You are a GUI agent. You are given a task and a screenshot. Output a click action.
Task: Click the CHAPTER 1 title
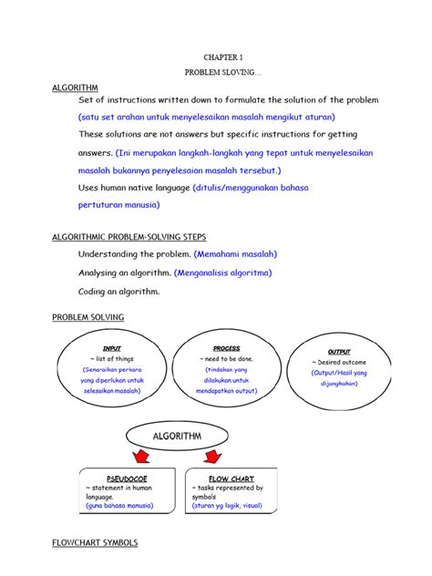click(215, 56)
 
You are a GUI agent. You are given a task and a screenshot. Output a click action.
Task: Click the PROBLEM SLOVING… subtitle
click(216, 71)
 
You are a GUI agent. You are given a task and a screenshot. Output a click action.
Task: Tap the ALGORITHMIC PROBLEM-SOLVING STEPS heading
click(129, 237)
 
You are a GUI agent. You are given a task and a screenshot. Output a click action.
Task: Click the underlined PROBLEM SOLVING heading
click(87, 317)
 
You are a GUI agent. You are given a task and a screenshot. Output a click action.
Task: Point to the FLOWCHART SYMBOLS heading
click(94, 542)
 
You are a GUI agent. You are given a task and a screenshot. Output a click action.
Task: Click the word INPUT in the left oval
click(112, 348)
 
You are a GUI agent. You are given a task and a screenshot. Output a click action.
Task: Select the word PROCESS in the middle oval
click(226, 348)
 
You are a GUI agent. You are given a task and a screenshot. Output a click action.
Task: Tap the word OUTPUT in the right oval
click(338, 351)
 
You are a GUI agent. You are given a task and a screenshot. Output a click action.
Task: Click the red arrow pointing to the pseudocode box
click(141, 455)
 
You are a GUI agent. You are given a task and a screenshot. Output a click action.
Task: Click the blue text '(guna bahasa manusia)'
click(120, 504)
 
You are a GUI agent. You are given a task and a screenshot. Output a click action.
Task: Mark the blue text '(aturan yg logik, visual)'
click(227, 504)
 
